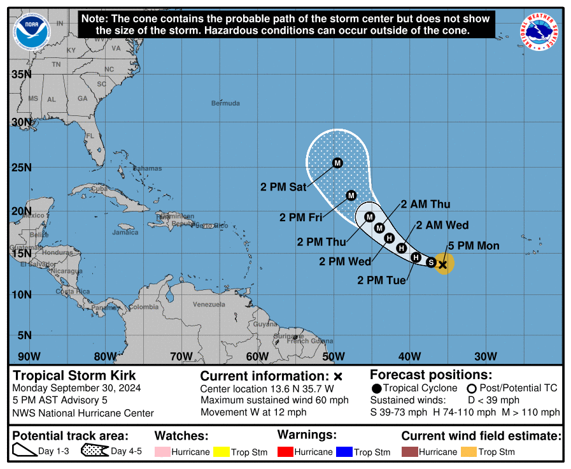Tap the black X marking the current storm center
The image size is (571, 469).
coord(443,264)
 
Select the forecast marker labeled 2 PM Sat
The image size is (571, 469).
coord(337,163)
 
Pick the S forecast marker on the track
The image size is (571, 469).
coord(431,262)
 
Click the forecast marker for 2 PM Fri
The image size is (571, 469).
coord(351,195)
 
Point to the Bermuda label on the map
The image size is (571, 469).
coord(226,103)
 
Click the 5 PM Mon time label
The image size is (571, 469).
coord(474,246)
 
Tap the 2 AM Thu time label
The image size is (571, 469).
coord(425,205)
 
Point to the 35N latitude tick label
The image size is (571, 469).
coord(21,75)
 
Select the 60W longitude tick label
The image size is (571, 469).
coord(257,356)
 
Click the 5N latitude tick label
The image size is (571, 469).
coord(24,335)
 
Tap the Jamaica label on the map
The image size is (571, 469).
coord(125,233)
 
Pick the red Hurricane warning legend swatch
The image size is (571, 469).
coord(285,452)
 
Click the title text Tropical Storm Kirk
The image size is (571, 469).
coord(74,375)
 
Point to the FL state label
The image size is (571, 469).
coord(90,136)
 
